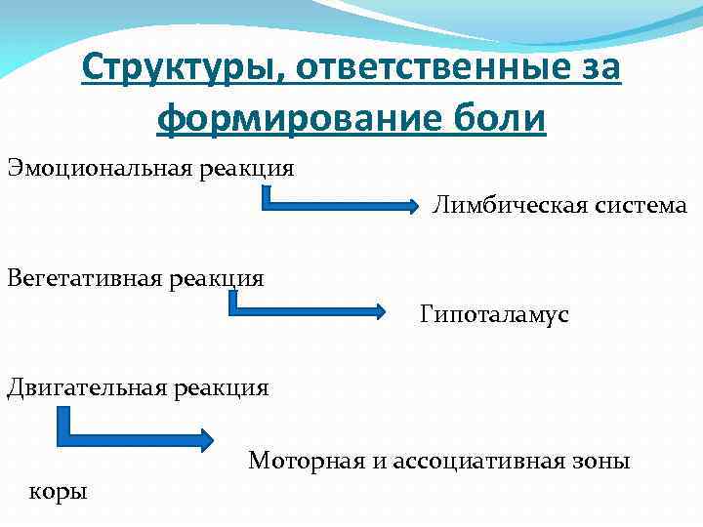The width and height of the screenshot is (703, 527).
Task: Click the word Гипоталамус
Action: (x=495, y=315)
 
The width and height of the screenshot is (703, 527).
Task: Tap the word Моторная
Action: (x=305, y=460)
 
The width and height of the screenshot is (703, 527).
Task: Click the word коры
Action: (x=59, y=490)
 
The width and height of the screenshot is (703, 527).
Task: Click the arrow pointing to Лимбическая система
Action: (x=342, y=205)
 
